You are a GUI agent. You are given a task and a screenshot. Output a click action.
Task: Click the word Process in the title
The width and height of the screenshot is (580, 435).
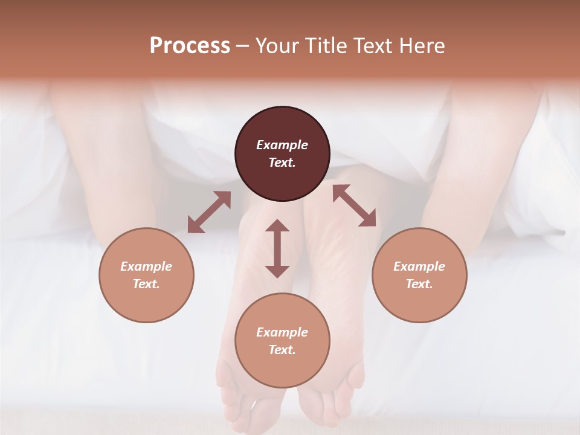coord(190,46)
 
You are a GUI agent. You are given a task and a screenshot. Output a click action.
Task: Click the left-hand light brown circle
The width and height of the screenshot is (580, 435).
coord(146,275)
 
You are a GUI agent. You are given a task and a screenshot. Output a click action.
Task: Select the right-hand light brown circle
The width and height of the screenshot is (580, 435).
coord(419,275)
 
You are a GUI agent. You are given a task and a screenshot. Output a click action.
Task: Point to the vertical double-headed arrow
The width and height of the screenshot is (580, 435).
coord(277,248)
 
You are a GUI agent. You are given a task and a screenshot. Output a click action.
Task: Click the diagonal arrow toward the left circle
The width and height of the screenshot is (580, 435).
coord(209,212)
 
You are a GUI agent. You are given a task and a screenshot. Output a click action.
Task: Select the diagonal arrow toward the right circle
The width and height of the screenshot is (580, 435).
coord(354,205)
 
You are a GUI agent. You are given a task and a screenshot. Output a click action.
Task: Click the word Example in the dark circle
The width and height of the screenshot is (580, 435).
coord(282,145)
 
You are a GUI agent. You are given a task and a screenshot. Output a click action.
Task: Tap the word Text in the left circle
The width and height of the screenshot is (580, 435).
coord(146,284)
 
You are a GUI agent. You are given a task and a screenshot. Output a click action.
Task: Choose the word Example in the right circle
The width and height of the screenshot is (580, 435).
coord(419,266)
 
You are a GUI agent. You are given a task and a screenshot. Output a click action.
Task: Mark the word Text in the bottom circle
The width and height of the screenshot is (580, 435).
coord(282,350)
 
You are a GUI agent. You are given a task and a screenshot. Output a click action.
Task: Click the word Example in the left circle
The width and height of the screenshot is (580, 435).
coord(146,266)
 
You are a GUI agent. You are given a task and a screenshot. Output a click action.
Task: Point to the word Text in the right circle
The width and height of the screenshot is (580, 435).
coord(419,284)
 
